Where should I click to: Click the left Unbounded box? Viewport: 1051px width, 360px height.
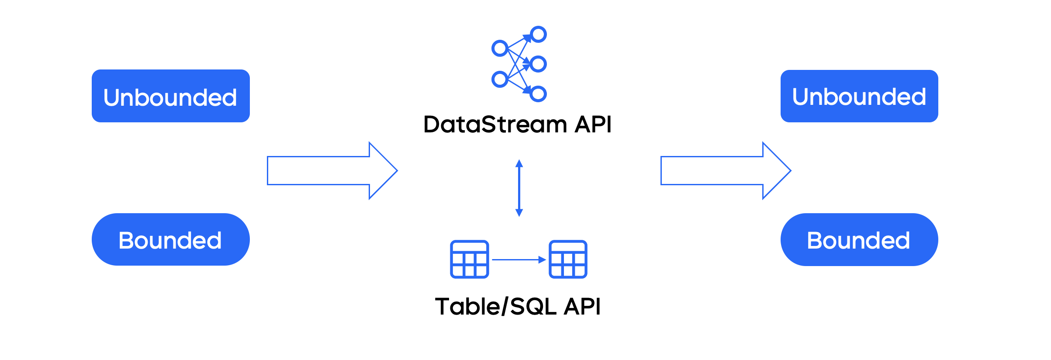point(170,96)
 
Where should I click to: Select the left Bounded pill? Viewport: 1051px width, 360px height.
point(170,239)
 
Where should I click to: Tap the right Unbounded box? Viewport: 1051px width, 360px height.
point(859,96)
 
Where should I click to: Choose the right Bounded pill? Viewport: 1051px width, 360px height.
point(859,239)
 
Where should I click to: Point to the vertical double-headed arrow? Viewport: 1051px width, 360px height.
point(519,188)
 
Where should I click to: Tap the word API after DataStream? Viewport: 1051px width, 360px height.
point(593,125)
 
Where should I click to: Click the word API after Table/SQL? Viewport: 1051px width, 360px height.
point(582,306)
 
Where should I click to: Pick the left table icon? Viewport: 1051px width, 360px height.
point(470,259)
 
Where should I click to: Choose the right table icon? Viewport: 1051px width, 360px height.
point(568,259)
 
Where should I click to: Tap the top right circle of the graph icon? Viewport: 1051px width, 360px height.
point(539,34)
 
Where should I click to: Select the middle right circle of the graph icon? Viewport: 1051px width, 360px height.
point(539,64)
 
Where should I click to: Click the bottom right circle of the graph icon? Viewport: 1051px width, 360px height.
point(539,93)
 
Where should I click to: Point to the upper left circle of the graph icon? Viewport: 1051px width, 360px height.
point(500,48)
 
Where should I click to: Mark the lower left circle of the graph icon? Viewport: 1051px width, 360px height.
point(500,79)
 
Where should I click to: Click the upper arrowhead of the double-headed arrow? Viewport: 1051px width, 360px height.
point(519,163)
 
